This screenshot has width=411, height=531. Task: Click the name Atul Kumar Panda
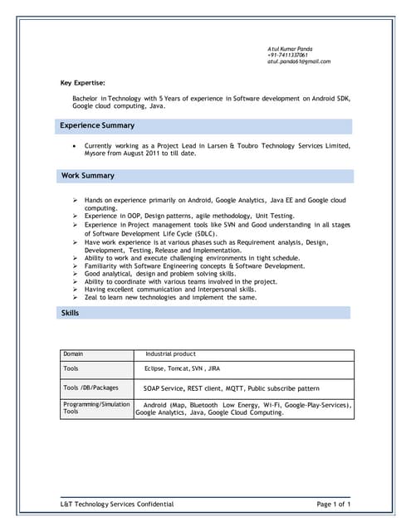290,49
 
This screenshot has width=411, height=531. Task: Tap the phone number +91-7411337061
287,56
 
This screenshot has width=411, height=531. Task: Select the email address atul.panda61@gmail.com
299,62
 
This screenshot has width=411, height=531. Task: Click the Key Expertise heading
83,83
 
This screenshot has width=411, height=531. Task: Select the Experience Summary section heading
97,125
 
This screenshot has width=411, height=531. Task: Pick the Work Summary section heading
88,176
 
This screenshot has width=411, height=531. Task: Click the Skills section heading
71,313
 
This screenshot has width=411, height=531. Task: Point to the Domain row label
73,354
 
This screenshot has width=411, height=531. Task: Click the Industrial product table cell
170,354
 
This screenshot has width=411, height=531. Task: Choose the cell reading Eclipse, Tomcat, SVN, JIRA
183,368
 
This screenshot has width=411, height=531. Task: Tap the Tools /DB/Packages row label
91,387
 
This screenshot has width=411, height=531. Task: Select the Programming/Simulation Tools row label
96,407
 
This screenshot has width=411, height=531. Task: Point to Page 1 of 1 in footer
334,504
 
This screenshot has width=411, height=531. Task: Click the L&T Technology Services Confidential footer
117,504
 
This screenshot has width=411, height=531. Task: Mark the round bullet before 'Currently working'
76,145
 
